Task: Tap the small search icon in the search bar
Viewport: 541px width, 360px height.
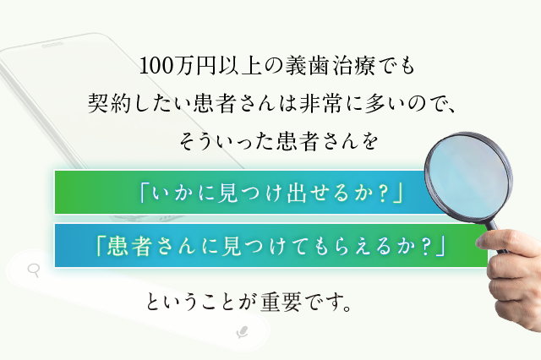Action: (x=35, y=271)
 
